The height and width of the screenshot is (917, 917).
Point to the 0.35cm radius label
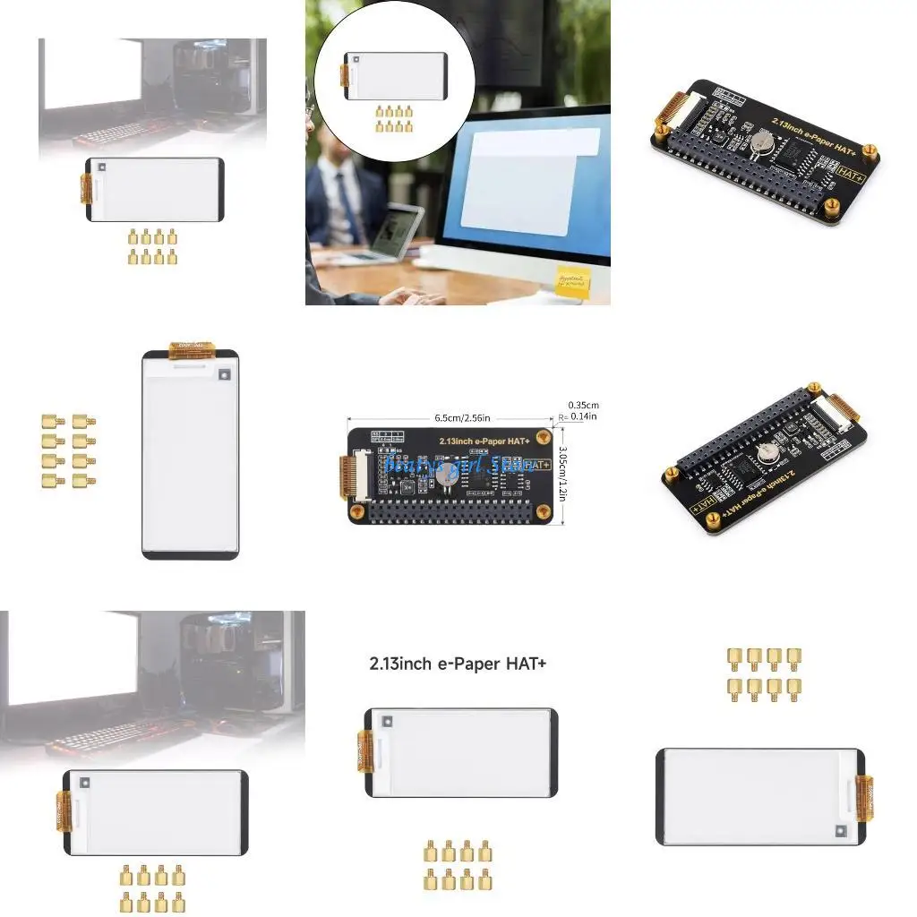click(583, 404)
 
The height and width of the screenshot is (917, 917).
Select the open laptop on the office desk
click(392, 235)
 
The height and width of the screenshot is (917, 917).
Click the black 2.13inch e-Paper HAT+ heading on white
click(458, 664)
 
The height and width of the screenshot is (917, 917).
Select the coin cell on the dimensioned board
click(447, 478)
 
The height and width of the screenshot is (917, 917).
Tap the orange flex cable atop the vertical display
click(192, 346)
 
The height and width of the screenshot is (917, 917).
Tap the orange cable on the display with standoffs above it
click(864, 797)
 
